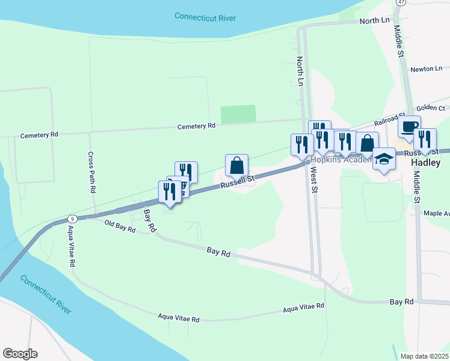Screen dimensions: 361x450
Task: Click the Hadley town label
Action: pos(426,162)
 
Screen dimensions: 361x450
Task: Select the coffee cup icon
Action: pos(409,126)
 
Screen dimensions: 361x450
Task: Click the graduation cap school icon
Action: pos(384,158)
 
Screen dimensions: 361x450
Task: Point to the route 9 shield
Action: pos(72,218)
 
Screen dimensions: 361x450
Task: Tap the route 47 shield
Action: pos(401,2)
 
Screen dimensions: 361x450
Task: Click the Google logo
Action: pos(20,354)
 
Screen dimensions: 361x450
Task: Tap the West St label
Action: pos(313,179)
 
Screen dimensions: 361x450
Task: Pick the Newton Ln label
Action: pos(426,69)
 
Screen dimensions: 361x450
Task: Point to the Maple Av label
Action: pos(436,213)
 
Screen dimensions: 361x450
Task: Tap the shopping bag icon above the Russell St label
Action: pos(237,164)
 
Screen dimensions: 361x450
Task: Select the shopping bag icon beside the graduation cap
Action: pos(367,143)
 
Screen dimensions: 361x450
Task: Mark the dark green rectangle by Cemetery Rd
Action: pos(238,114)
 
